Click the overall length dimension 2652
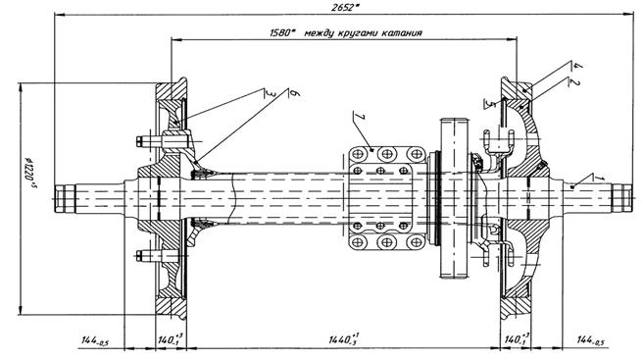[344, 8]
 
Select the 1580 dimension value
[282, 33]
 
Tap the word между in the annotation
[319, 33]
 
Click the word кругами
[358, 33]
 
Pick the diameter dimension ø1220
[29, 172]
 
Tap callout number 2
[574, 82]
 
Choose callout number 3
[269, 94]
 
